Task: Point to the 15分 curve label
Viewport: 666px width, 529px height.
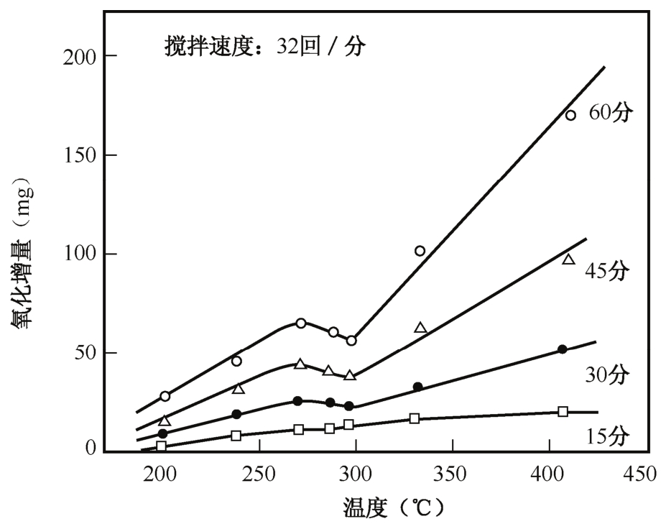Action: pyautogui.click(x=608, y=436)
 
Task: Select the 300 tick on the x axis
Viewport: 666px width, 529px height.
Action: pyautogui.click(x=356, y=473)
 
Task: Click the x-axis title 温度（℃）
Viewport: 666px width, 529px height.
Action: pyautogui.click(x=392, y=508)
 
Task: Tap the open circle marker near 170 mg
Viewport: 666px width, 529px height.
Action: pyautogui.click(x=570, y=115)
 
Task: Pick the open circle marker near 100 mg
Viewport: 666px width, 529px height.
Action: pyautogui.click(x=420, y=251)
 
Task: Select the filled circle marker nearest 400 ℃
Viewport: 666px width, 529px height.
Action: pyautogui.click(x=562, y=349)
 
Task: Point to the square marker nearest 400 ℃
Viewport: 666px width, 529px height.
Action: pyautogui.click(x=563, y=412)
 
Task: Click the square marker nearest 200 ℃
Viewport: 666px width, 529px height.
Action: pyautogui.click(x=161, y=446)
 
